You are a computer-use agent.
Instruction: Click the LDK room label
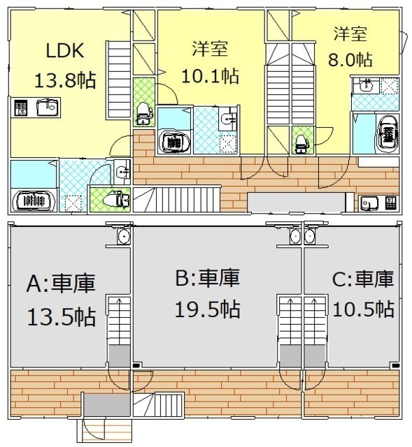click(65, 50)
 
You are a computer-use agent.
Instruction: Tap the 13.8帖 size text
click(65, 80)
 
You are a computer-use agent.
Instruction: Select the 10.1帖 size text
click(210, 76)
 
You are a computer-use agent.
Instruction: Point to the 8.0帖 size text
click(350, 59)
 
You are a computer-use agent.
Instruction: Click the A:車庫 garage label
click(61, 283)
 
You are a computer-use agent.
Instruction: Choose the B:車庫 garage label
click(208, 277)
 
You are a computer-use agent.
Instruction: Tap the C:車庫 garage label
click(363, 279)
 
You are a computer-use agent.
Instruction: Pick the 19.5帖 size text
click(208, 309)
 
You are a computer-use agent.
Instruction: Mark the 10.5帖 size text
click(364, 309)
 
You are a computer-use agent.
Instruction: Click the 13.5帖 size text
click(62, 317)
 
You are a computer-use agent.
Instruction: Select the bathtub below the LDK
click(34, 200)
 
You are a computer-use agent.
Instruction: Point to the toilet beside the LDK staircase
click(143, 113)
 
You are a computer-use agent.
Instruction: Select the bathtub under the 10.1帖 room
click(174, 142)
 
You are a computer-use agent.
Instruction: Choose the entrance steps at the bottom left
click(105, 430)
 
